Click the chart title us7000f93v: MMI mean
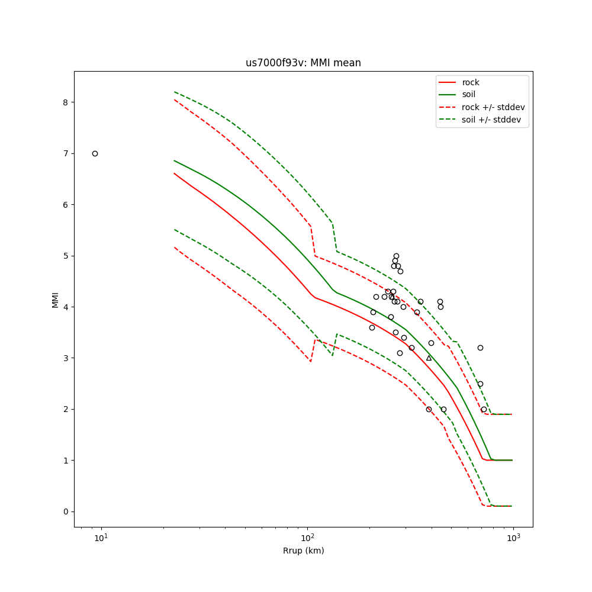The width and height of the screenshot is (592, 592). [x=303, y=63]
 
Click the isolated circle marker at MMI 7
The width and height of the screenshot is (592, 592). [x=95, y=153]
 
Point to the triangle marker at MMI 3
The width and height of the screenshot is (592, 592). [x=429, y=358]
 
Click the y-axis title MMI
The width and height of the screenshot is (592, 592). [x=55, y=299]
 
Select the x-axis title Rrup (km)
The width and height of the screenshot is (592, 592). [x=303, y=551]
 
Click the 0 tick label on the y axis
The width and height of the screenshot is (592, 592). [x=65, y=511]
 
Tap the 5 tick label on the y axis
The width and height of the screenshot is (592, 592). [x=65, y=256]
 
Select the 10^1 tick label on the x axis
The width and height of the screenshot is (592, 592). [x=102, y=539]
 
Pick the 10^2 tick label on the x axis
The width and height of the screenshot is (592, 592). [x=307, y=539]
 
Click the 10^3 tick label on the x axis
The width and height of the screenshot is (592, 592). [x=513, y=539]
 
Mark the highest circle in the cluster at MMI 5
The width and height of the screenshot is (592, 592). [x=396, y=256]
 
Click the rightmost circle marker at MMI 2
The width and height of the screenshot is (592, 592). [x=484, y=409]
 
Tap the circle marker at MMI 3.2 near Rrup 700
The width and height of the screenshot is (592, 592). [x=480, y=348]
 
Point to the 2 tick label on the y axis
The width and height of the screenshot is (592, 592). [x=65, y=409]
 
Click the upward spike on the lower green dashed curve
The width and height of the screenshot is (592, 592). [x=336, y=334]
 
